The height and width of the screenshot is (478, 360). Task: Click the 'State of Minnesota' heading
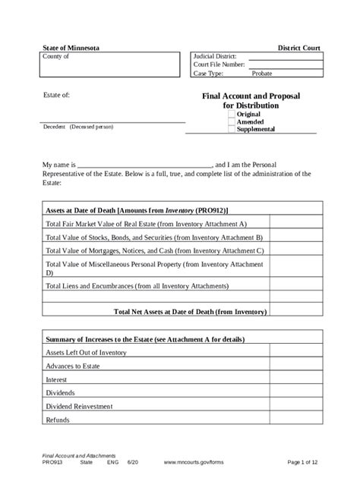tap(70, 49)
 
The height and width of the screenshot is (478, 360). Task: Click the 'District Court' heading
tap(299, 49)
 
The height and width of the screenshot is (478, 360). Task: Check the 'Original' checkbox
tap(232, 114)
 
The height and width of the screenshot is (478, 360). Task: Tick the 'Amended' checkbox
tap(232, 121)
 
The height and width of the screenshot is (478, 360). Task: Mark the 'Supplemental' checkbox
tap(232, 129)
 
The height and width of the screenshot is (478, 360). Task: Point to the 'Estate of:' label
tap(57, 96)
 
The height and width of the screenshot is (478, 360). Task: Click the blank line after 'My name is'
tap(144, 165)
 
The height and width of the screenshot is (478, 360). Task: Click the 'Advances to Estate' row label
tap(74, 366)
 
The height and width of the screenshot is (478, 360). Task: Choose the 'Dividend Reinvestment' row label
tap(79, 407)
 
